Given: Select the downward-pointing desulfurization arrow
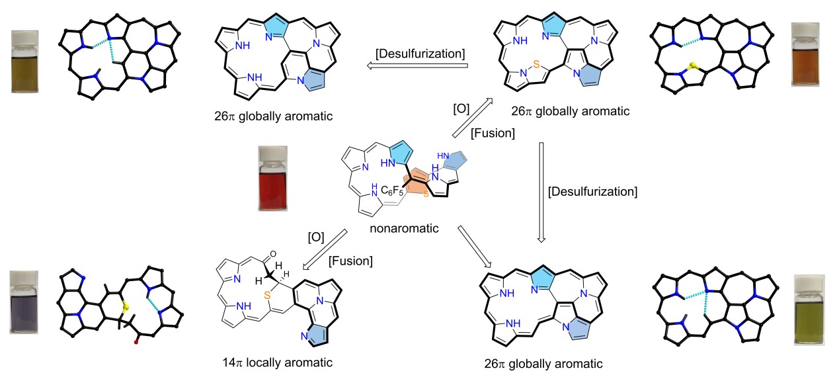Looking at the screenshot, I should [541, 191].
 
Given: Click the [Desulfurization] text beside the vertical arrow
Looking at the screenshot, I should [593, 192].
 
